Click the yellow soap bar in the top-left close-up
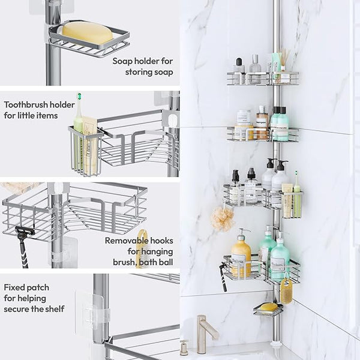(x=88, y=33)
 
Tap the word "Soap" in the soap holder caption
(x=122, y=61)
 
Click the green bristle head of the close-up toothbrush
(x=79, y=96)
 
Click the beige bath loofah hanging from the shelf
(x=222, y=218)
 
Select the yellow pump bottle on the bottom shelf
(x=241, y=254)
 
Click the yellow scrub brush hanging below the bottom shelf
(x=286, y=290)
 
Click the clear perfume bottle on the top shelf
(x=256, y=69)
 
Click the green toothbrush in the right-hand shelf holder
(x=297, y=194)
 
